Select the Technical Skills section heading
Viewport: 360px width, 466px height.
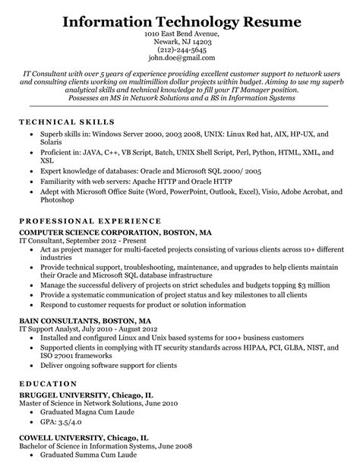[61, 121]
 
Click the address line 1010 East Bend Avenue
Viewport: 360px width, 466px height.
[180, 33]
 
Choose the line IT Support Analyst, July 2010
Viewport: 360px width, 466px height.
[83, 331]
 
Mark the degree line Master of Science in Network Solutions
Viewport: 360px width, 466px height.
[94, 405]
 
